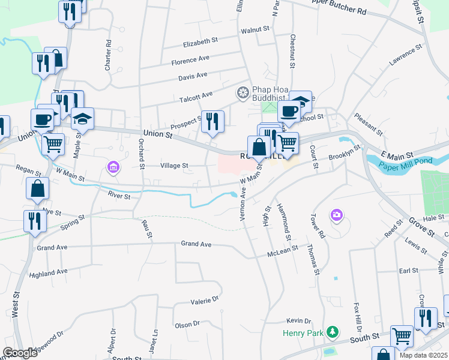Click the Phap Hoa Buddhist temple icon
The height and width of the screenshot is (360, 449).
(x=243, y=92)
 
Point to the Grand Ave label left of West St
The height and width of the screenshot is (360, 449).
(x=52, y=247)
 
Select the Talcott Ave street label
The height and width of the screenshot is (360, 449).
(x=196, y=95)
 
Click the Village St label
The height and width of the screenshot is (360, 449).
(x=174, y=166)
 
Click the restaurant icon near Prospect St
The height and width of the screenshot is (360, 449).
(x=212, y=122)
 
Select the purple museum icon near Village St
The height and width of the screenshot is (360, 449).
(x=112, y=166)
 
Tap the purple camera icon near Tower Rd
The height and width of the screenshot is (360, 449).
(x=336, y=214)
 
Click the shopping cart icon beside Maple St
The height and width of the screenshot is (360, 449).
(x=53, y=143)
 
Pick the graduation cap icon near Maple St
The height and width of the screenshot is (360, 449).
(x=82, y=118)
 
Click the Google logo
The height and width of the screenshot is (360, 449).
(x=19, y=353)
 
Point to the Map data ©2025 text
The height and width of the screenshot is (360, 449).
(x=424, y=355)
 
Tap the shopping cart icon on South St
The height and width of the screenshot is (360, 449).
(x=402, y=337)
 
